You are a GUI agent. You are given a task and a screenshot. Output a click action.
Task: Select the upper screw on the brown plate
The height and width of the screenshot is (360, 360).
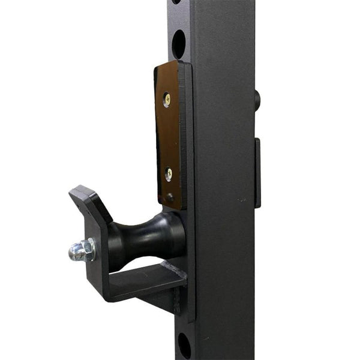[x=167, y=99]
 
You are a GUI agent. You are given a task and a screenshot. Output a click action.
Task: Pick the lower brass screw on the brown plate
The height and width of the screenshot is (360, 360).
[x=169, y=174]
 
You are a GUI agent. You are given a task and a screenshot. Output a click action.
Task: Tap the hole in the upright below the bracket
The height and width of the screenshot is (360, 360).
[x=184, y=345]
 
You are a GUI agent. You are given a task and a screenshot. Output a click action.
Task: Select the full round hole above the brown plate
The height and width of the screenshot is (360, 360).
[x=179, y=44]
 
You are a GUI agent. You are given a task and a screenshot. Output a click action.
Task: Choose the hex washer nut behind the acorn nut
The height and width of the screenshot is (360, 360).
[x=89, y=249]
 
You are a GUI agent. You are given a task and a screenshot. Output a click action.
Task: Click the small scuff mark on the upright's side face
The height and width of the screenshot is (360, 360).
[x=241, y=199]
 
